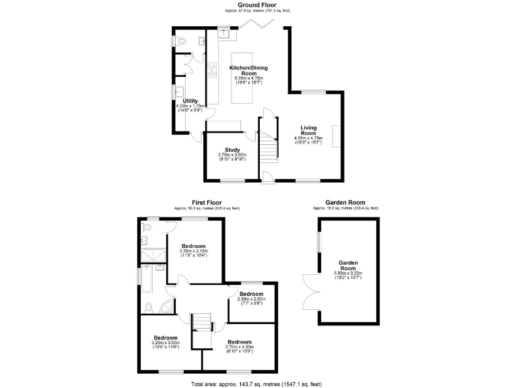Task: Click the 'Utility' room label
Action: [190, 100]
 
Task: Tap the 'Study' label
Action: [233, 150]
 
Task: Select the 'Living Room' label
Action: [309, 130]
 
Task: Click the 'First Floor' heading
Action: [207, 202]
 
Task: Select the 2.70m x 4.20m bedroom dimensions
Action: [239, 348]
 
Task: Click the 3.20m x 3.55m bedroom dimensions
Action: [166, 343]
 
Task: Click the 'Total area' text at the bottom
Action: [258, 383]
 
